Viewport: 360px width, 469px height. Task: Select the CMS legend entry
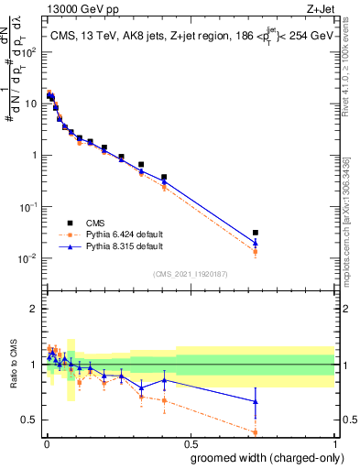pos(96,222)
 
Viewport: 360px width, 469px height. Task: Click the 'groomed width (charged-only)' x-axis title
pos(262,456)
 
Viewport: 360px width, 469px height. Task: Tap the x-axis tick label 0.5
pos(191,442)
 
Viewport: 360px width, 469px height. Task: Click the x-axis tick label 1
pos(334,442)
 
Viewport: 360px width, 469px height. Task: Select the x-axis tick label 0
pos(46,442)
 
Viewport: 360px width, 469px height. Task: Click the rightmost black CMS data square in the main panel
pos(256,233)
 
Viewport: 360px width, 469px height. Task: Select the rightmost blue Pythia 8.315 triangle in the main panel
pos(256,243)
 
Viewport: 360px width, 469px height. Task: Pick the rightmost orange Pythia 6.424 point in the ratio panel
pos(256,432)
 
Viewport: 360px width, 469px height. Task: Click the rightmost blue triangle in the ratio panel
pos(256,401)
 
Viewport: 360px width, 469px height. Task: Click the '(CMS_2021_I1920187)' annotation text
pos(190,274)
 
